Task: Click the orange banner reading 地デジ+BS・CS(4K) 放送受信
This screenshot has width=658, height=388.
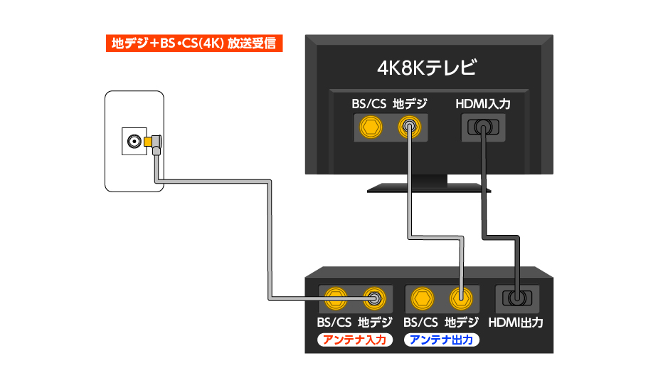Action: pyautogui.click(x=194, y=43)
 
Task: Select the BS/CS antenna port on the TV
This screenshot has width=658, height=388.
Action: pyautogui.click(x=368, y=128)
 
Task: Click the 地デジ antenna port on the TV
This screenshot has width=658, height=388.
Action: pyautogui.click(x=409, y=128)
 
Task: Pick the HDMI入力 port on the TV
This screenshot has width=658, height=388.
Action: pyautogui.click(x=482, y=128)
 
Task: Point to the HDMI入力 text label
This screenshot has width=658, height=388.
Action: pyautogui.click(x=482, y=104)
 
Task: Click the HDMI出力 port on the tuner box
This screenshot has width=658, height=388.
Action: pyautogui.click(x=516, y=297)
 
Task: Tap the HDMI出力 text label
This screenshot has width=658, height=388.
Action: pyautogui.click(x=516, y=323)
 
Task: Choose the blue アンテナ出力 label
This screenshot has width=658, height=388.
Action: pyautogui.click(x=442, y=340)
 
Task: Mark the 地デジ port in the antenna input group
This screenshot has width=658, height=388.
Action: pyautogui.click(x=374, y=297)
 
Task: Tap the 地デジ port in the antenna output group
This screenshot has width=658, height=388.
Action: pyautogui.click(x=461, y=297)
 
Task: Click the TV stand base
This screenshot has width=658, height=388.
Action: pyautogui.click(x=430, y=187)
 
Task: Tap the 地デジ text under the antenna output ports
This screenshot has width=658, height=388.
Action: pyautogui.click(x=461, y=323)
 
